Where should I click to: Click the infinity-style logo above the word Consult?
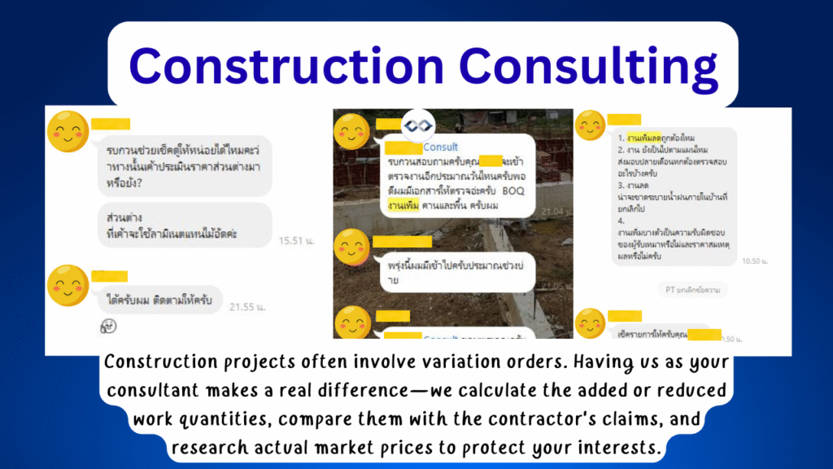[x=417, y=124]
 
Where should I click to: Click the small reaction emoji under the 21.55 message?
[x=108, y=326]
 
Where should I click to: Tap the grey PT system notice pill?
[x=692, y=289]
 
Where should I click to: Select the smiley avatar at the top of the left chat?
[x=68, y=129]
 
